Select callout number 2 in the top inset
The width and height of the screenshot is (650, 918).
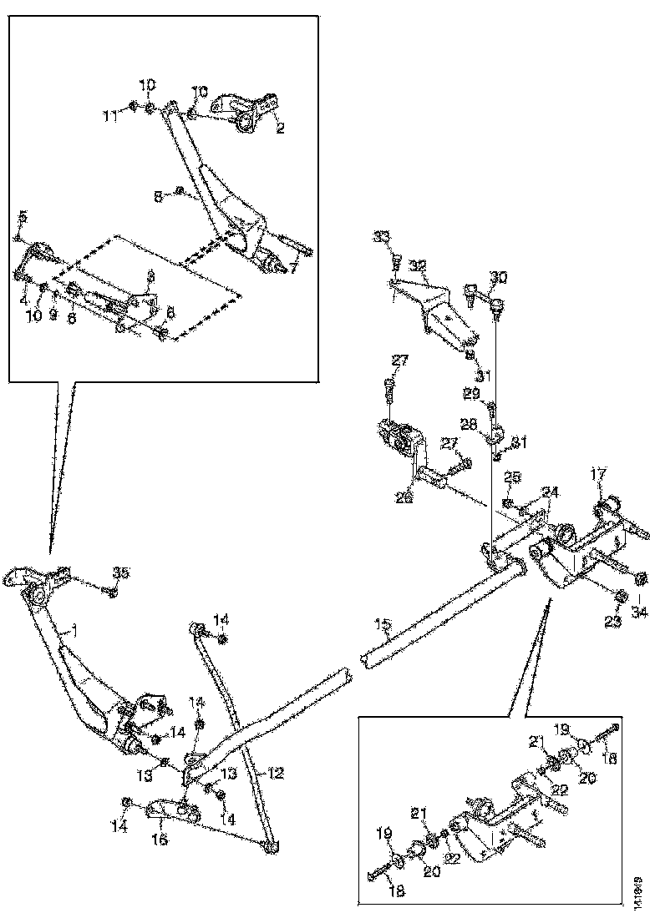point(281,129)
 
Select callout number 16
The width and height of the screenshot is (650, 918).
point(160,840)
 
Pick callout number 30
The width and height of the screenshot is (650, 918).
point(498,276)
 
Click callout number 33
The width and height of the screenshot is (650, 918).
point(382,238)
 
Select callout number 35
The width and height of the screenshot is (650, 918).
point(122,572)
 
